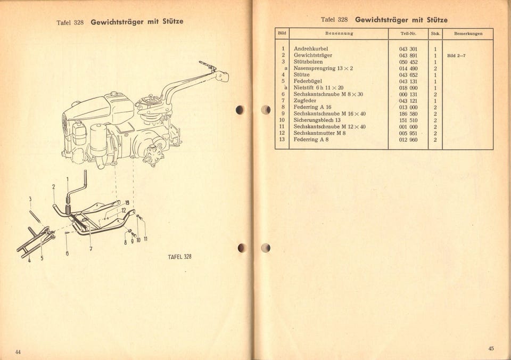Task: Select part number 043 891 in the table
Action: click(408, 55)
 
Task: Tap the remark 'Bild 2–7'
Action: click(456, 55)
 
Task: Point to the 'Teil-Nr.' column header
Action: click(408, 34)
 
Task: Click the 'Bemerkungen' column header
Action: click(468, 34)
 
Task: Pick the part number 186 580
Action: click(408, 113)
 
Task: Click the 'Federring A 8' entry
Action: click(311, 140)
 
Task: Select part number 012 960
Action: click(408, 140)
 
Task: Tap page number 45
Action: click(490, 348)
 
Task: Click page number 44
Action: click(18, 352)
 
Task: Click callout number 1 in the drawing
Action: click(68, 179)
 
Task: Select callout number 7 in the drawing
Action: click(91, 248)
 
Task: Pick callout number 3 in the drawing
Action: click(30, 199)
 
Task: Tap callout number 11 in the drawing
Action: click(145, 240)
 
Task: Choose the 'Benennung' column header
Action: click(339, 34)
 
